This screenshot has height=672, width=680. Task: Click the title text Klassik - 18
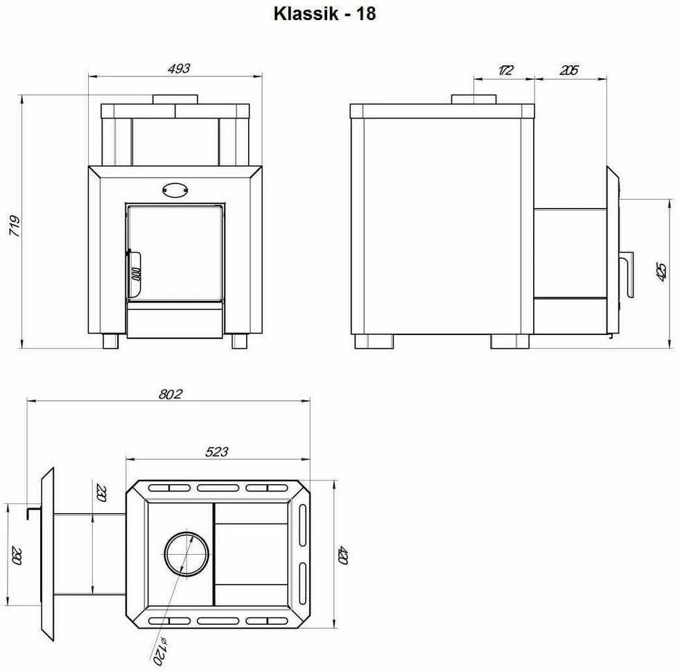click(x=324, y=14)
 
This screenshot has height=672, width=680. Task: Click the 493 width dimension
click(x=179, y=69)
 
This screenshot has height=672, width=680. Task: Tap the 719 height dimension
click(x=15, y=225)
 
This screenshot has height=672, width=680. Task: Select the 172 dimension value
click(x=505, y=70)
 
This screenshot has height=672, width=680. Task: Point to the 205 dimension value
click(x=568, y=70)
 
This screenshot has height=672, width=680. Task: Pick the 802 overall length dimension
click(x=171, y=394)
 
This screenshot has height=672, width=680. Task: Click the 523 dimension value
click(x=216, y=452)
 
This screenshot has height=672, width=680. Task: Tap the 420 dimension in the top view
click(x=343, y=555)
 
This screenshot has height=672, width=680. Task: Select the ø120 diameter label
click(x=160, y=651)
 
